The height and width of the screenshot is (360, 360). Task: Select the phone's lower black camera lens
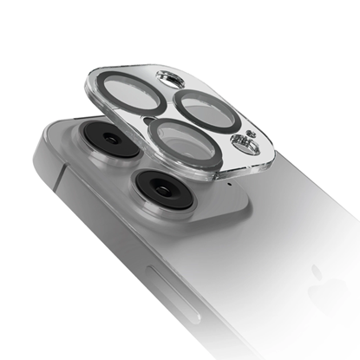[157, 186]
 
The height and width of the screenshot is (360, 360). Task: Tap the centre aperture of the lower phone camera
[157, 186]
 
